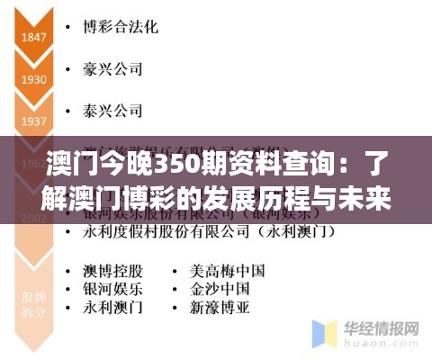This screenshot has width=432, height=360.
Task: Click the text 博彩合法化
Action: pos(120,27)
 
